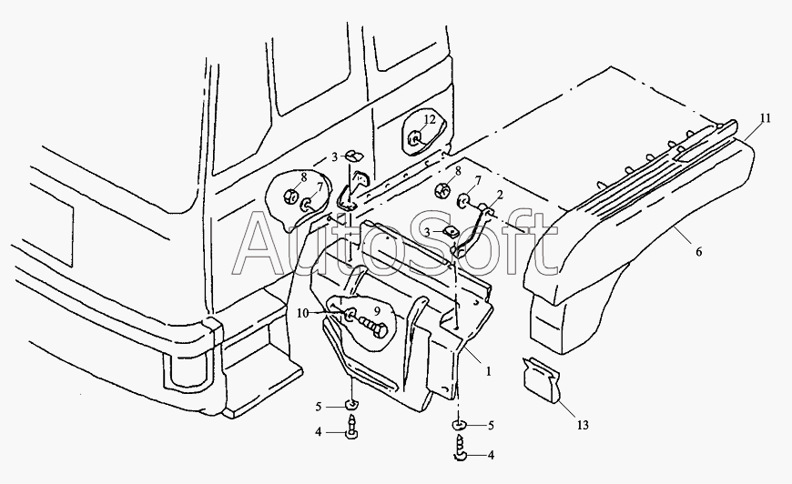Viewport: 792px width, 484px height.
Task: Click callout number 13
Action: (x=583, y=425)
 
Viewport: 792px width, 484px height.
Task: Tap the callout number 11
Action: (x=766, y=118)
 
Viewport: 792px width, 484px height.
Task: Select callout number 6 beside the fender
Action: (x=699, y=251)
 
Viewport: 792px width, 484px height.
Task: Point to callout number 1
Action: (x=489, y=371)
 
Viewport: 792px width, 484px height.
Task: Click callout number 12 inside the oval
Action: (x=430, y=119)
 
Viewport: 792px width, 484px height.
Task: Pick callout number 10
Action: (x=302, y=313)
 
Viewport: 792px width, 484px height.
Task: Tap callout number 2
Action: (x=500, y=195)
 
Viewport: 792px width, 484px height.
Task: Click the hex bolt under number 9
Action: (x=373, y=327)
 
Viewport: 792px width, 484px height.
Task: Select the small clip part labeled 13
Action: (x=542, y=379)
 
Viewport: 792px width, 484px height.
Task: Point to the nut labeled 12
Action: (x=415, y=137)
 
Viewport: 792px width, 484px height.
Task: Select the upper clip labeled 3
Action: (x=354, y=155)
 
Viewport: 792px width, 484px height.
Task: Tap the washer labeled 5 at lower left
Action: (x=351, y=404)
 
